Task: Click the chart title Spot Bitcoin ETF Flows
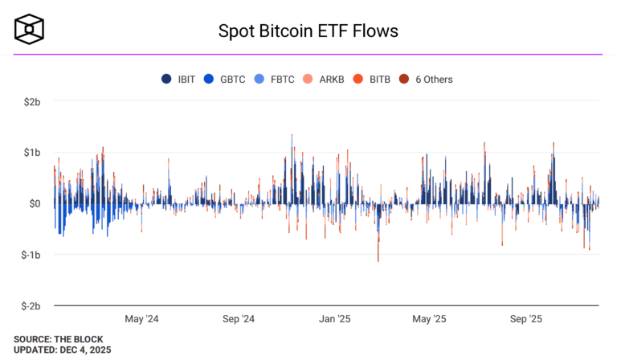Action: point(308,31)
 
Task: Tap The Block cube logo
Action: point(29,28)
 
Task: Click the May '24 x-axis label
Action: point(142,319)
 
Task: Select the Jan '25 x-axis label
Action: point(333,319)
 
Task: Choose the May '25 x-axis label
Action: point(428,319)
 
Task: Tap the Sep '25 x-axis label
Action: point(525,319)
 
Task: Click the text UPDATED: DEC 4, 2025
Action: point(62,350)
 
